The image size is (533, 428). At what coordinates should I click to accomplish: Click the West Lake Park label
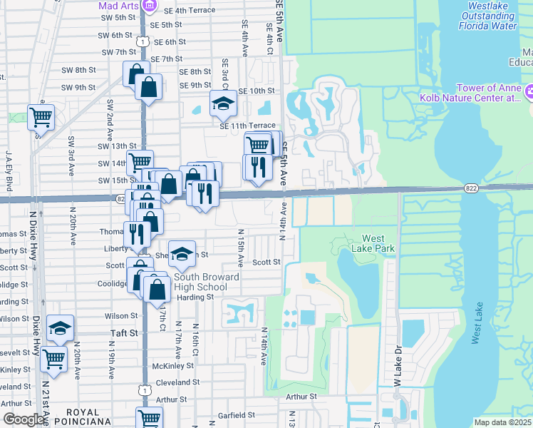click(378, 243)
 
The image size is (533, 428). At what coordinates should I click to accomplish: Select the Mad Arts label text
click(118, 6)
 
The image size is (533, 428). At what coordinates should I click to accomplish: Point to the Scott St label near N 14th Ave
click(266, 262)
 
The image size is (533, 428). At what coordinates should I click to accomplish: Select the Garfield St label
click(237, 414)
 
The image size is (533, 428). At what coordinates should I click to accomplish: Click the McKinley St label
click(174, 365)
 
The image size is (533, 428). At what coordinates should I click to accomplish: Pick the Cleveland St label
click(176, 382)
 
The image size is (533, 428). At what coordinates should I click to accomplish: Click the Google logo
click(24, 419)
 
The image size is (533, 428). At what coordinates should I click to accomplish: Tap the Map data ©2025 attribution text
click(502, 422)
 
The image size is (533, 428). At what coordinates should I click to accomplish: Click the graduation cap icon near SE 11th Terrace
click(223, 103)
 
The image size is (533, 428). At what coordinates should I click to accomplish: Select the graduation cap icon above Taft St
click(60, 328)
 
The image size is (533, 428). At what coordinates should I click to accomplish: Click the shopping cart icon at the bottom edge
click(149, 418)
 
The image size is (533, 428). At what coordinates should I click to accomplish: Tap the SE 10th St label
click(257, 91)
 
